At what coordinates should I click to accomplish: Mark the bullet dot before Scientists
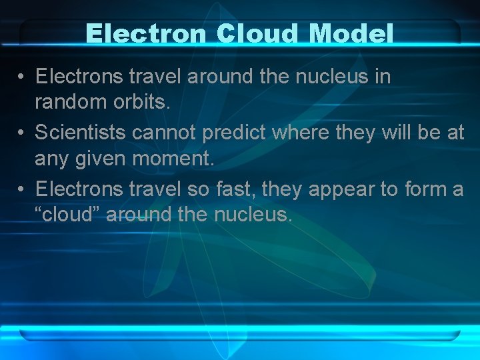click(21, 133)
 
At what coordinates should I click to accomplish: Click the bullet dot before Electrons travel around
click(21, 77)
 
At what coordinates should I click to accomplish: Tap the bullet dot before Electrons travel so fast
click(21, 190)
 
